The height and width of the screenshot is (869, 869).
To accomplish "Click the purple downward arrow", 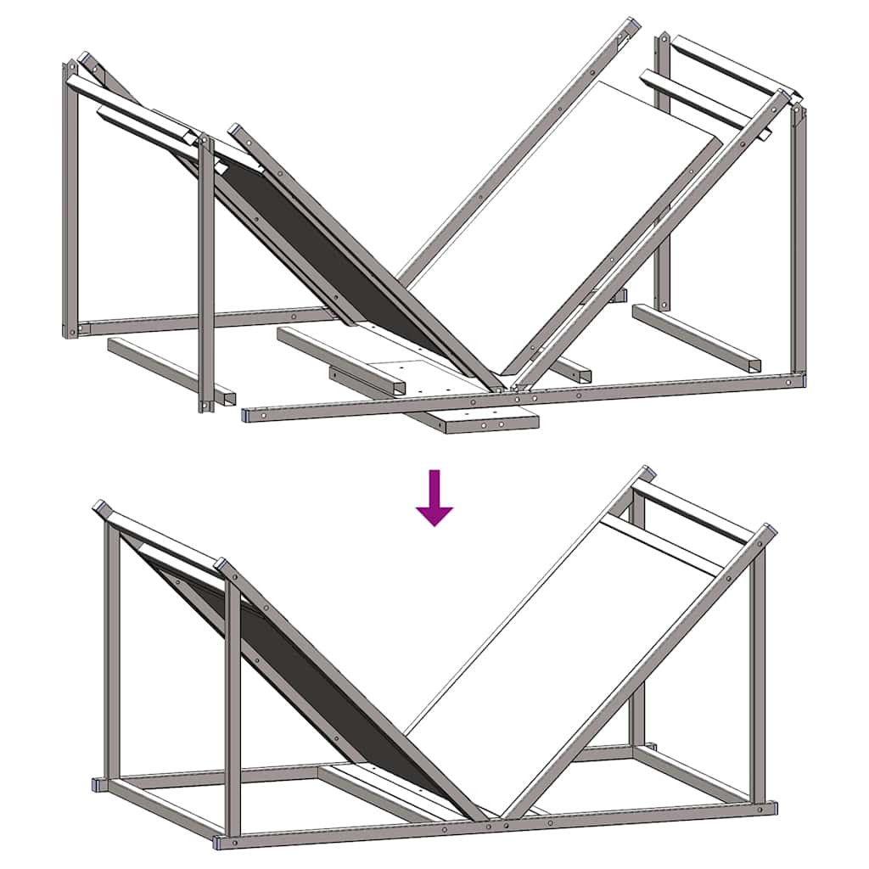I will pyautogui.click(x=434, y=501).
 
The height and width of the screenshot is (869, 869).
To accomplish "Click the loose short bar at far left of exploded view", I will pyautogui.click(x=170, y=370).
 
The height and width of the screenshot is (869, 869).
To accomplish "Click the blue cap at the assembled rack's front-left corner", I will pyautogui.click(x=220, y=842).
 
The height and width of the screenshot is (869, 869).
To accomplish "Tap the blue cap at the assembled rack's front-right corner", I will pyautogui.click(x=771, y=808).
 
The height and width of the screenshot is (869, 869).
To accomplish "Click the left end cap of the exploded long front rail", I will pyautogui.click(x=247, y=415).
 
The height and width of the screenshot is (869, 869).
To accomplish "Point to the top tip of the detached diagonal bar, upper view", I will pyautogui.click(x=629, y=25).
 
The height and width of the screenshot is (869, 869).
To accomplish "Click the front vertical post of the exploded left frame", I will pyautogui.click(x=206, y=272).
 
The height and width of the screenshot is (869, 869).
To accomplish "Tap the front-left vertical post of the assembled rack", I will pyautogui.click(x=232, y=704).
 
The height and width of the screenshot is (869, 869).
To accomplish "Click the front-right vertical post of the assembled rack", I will pyautogui.click(x=758, y=679).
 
